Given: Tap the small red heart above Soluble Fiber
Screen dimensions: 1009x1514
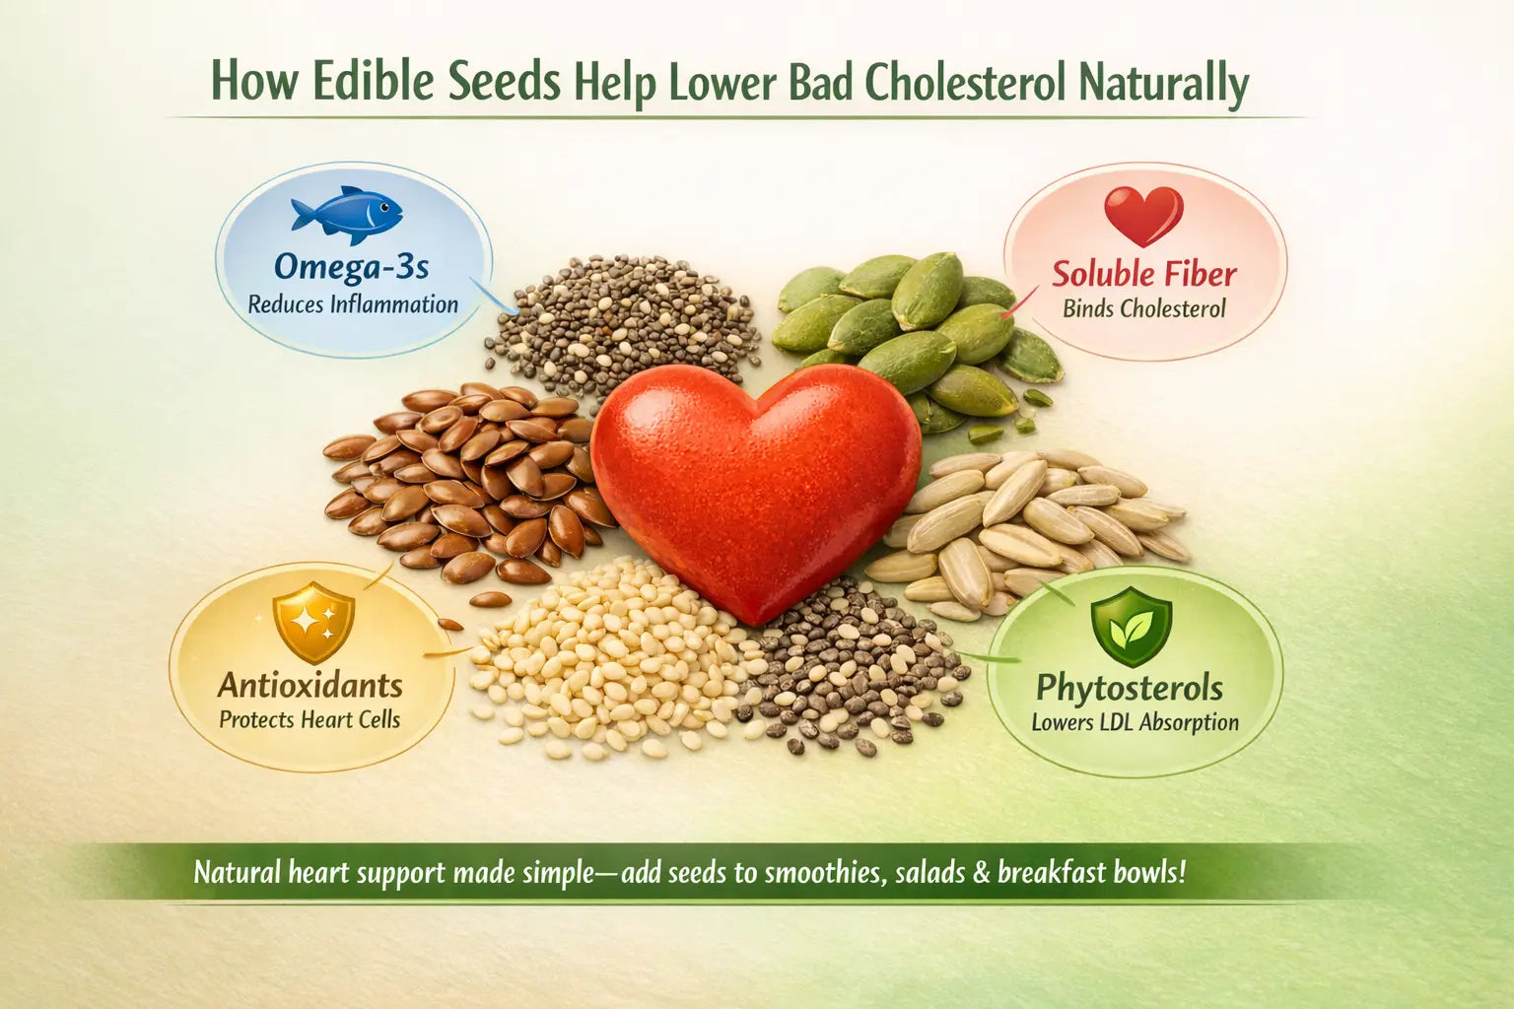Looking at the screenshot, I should (x=1143, y=215).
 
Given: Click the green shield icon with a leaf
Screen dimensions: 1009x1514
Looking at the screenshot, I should (x=1132, y=628).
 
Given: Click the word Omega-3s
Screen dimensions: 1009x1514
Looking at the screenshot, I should (x=351, y=267).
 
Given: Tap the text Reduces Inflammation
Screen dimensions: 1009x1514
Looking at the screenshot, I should (x=353, y=304).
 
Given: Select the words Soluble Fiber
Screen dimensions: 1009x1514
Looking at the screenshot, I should (x=1143, y=273).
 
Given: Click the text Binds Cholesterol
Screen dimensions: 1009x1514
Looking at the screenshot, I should (x=1143, y=308).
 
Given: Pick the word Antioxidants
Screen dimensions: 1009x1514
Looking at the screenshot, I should (x=310, y=685).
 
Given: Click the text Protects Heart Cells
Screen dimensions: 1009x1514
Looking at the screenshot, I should (x=310, y=719).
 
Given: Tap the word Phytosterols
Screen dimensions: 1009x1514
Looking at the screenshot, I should (x=1129, y=688).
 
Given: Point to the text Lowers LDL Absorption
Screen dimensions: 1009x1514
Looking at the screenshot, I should (x=1135, y=722).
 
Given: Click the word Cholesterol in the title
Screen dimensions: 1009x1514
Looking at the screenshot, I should (x=965, y=83).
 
